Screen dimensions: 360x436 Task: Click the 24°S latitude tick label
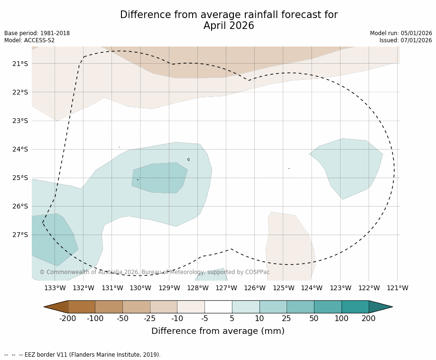tap(19, 149)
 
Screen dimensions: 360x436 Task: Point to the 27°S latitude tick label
tap(19, 235)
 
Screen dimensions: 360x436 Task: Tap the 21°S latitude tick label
tap(19, 64)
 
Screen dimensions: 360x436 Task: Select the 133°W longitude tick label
tap(55, 288)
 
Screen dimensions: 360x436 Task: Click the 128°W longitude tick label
tap(197, 288)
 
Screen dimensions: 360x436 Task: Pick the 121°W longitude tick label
tap(397, 288)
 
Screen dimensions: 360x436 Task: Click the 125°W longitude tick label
tap(283, 288)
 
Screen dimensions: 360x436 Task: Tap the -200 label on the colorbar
tap(68, 319)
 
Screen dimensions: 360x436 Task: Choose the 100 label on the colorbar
tap(341, 319)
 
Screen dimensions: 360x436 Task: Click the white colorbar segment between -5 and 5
tap(218, 307)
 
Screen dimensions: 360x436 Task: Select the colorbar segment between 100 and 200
tap(355, 307)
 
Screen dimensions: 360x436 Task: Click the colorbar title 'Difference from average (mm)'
tap(218, 332)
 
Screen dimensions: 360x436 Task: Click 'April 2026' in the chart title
tap(229, 26)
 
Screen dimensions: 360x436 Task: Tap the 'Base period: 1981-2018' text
tap(37, 33)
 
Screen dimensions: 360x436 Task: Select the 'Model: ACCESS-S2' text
tap(29, 40)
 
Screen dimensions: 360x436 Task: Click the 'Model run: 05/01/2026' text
tap(401, 33)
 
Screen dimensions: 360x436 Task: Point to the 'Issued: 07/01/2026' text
tap(406, 40)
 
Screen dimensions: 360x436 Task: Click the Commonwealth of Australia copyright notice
tap(154, 272)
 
